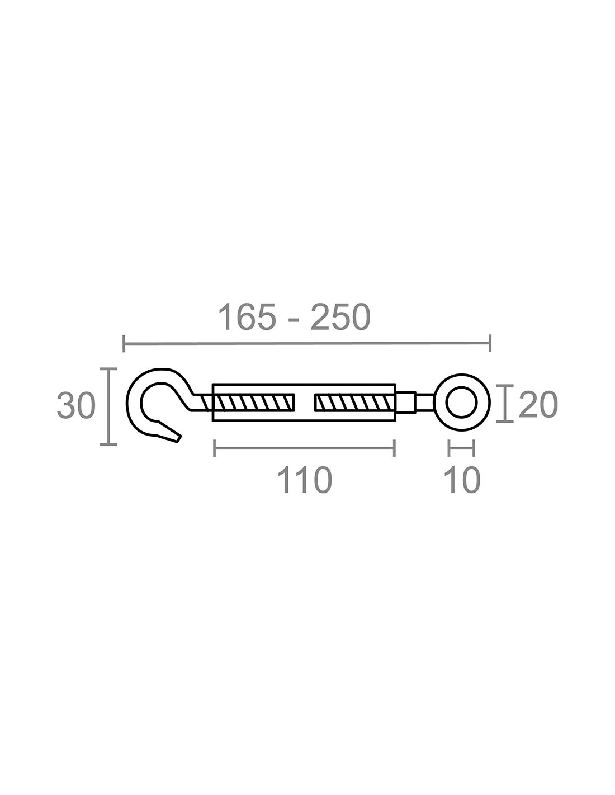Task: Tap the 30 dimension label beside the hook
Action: coord(76,405)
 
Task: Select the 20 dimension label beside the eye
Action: coord(538,404)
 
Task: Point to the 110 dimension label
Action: coord(304,480)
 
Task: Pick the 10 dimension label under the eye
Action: coord(461,480)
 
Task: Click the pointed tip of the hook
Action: coord(179,439)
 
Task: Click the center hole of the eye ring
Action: coord(461,402)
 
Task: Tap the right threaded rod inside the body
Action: coord(355,403)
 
